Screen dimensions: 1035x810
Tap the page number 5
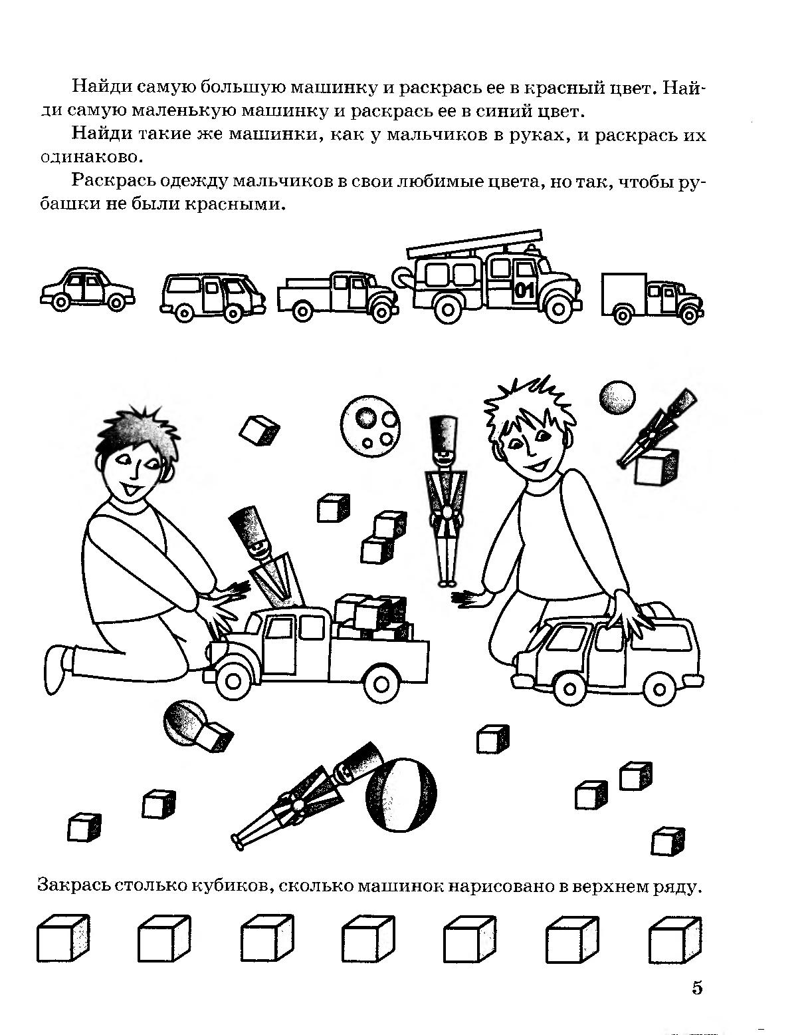point(696,988)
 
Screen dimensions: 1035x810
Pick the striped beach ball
point(401,795)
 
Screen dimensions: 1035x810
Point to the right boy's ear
point(567,439)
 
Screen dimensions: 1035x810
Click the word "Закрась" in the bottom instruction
point(72,887)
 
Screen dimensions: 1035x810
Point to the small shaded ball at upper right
point(617,398)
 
